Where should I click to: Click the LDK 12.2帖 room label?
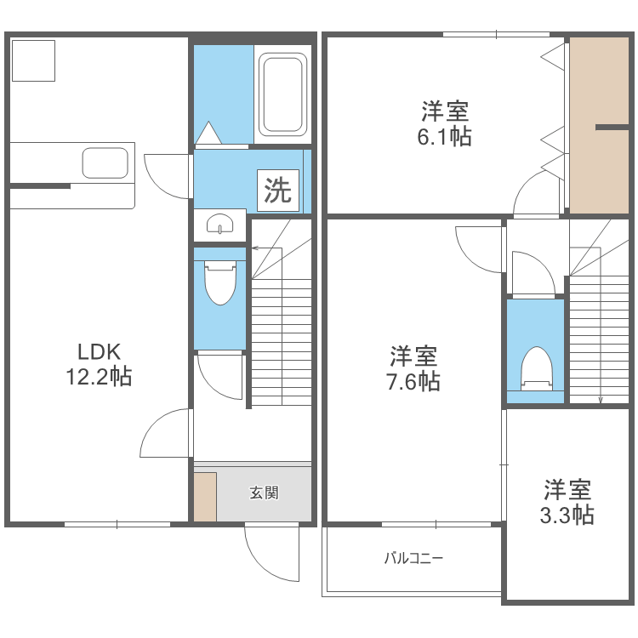click(x=99, y=364)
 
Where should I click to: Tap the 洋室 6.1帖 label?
click(x=444, y=124)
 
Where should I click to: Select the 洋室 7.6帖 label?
click(x=414, y=368)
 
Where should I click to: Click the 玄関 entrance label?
click(x=264, y=493)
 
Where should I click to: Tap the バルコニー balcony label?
click(x=413, y=559)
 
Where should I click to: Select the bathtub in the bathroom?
click(x=282, y=94)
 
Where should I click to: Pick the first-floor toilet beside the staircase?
click(x=220, y=282)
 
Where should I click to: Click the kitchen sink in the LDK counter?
click(x=105, y=162)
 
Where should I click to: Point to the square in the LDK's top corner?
click(x=34, y=60)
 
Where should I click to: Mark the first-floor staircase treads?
click(x=282, y=340)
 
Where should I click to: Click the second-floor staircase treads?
click(x=599, y=340)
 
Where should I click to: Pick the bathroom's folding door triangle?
click(x=208, y=134)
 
